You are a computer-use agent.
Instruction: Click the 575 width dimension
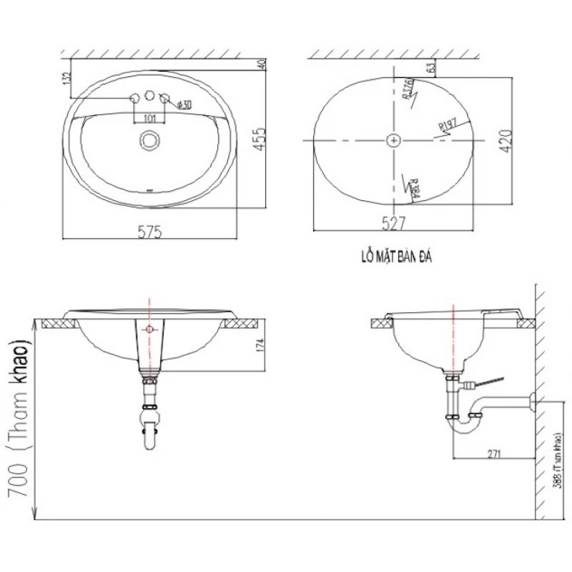149,231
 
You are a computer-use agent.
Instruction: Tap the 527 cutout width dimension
394,224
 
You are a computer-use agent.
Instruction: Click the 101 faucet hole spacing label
150,117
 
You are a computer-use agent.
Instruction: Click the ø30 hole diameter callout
184,105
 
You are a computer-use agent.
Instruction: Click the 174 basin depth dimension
260,347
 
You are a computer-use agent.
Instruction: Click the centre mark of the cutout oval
393,141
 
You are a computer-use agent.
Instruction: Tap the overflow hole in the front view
149,329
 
